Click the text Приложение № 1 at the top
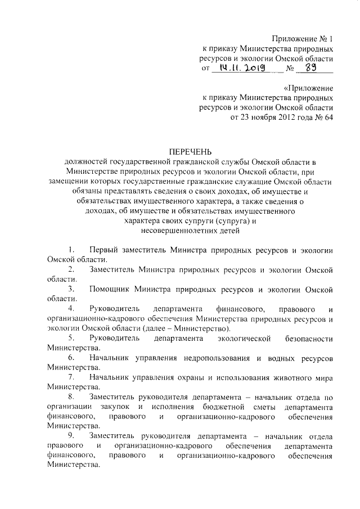point(303,39)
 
